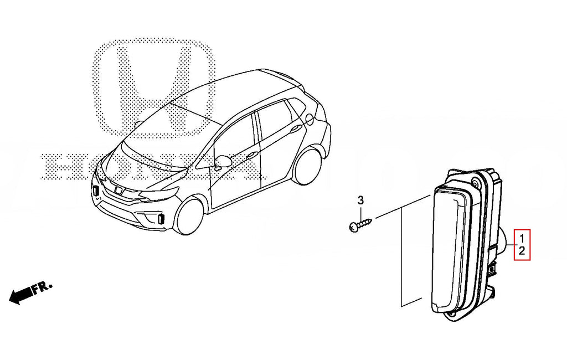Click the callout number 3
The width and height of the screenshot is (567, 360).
(360, 200)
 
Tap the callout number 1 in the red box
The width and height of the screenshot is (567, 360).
(522, 239)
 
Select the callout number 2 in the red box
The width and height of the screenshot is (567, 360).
(522, 250)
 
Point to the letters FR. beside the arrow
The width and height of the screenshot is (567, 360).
(42, 288)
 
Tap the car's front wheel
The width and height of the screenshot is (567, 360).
(189, 217)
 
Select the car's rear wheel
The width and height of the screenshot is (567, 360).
(307, 166)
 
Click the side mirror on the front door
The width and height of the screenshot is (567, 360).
(221, 161)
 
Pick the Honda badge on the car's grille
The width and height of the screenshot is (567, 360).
(117, 189)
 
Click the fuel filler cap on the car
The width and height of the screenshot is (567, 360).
(310, 119)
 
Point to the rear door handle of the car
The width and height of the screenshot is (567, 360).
(297, 127)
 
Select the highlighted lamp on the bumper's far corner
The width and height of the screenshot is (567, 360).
(96, 191)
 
